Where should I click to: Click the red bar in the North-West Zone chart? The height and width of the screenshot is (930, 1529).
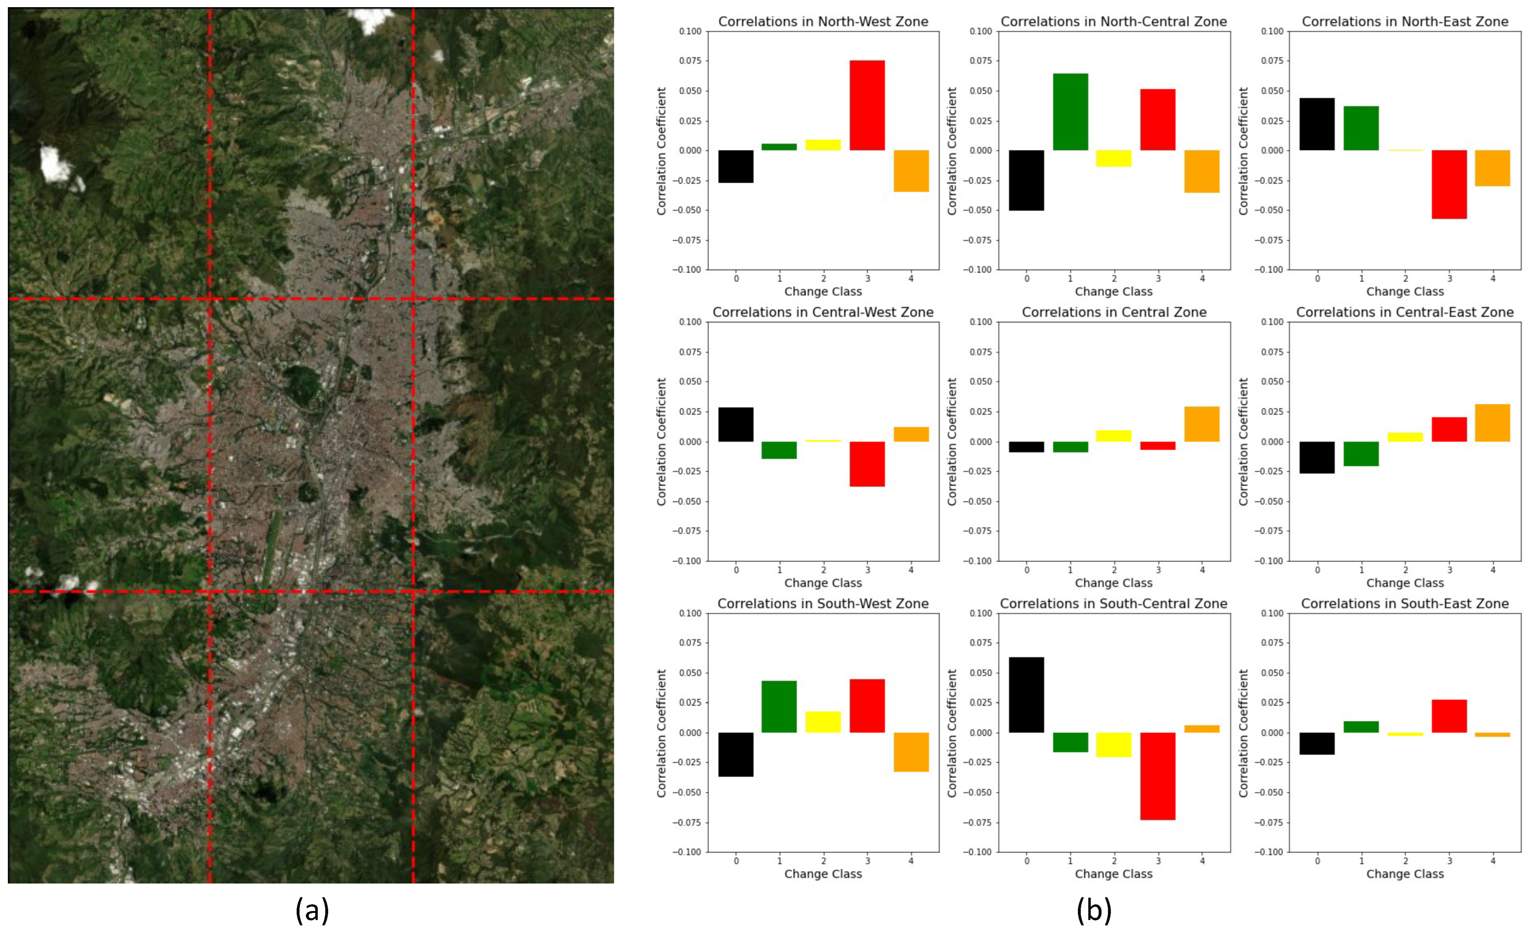click(867, 105)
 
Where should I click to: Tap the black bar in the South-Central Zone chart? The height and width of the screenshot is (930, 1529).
click(1026, 695)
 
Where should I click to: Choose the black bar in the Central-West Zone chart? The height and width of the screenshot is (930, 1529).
click(736, 424)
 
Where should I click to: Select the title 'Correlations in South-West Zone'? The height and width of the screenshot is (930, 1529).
click(823, 604)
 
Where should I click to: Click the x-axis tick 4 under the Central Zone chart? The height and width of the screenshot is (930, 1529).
click(1202, 570)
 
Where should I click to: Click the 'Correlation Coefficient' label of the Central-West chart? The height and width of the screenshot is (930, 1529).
click(662, 441)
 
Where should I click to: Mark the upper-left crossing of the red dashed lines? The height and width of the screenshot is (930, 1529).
click(210, 299)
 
